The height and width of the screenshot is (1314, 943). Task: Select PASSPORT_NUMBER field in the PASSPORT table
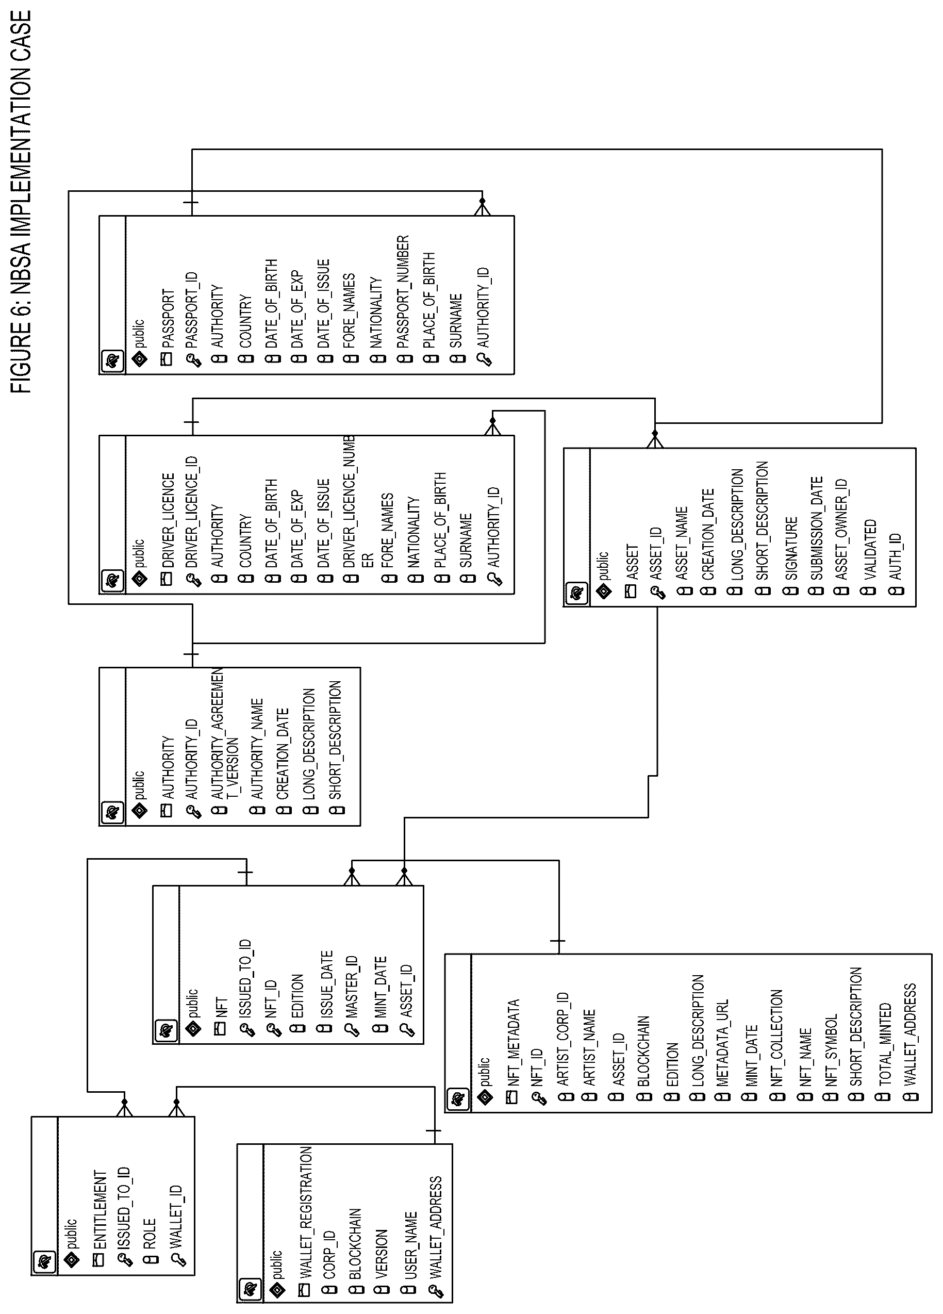pyautogui.click(x=403, y=291)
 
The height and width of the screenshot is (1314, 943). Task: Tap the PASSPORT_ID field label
pyautogui.click(x=192, y=310)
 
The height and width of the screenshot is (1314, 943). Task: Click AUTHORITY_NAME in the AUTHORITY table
pyautogui.click(x=257, y=749)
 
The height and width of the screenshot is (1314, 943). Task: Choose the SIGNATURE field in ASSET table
pyautogui.click(x=792, y=548)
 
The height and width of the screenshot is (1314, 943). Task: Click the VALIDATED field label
pyautogui.click(x=870, y=549)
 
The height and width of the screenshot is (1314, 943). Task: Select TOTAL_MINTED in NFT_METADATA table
pyautogui.click(x=885, y=1045)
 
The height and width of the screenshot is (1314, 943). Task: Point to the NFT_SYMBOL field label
pyautogui.click(x=831, y=1050)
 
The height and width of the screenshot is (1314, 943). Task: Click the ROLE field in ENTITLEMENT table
pyautogui.click(x=150, y=1234)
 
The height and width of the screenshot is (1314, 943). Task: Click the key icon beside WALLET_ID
pyautogui.click(x=178, y=1259)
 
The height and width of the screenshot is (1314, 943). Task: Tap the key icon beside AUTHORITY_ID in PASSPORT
pyautogui.click(x=485, y=359)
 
